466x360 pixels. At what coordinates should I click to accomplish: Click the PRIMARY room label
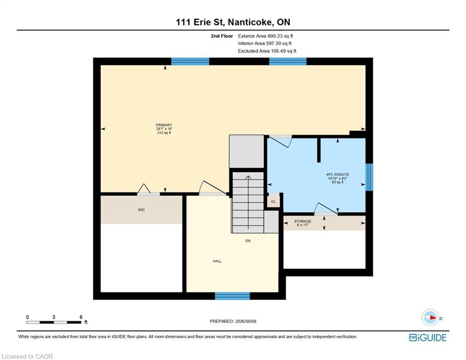tap(164, 125)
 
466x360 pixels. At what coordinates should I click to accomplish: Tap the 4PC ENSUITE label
tap(338, 175)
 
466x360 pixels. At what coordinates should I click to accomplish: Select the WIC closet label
tap(141, 210)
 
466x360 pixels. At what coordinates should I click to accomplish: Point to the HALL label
tap(217, 261)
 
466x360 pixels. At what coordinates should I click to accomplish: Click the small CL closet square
tap(274, 202)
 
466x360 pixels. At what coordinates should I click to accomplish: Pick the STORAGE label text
tap(303, 221)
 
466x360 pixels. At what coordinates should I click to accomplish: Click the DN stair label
tap(248, 240)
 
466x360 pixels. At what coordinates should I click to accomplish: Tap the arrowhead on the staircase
tap(248, 177)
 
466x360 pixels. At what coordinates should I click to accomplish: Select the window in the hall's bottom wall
tap(232, 296)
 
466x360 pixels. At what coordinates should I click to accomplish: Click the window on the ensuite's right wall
tap(369, 177)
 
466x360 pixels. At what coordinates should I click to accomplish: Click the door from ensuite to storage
tap(326, 209)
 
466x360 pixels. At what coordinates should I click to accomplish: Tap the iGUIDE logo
tap(428, 337)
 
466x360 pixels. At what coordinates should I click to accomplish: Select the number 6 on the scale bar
tap(81, 317)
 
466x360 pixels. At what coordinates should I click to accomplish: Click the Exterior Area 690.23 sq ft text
tap(266, 36)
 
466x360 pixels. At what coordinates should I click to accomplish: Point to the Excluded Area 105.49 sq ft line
tap(267, 51)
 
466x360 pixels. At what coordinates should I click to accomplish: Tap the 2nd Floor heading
tap(222, 36)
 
